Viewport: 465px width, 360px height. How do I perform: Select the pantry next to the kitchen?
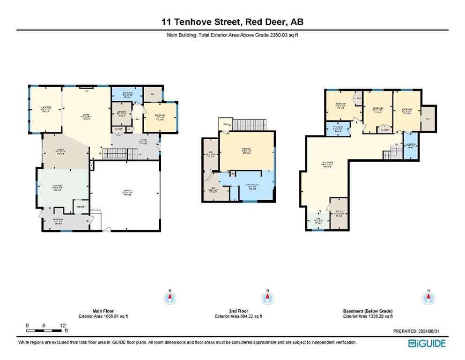pyautogui.click(x=81, y=207)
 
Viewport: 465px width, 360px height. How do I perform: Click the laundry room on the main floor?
pyautogui.click(x=121, y=113)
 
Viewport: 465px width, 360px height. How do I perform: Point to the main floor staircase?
pyautogui.click(x=115, y=153)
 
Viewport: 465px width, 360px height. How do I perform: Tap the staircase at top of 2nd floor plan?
pyautogui.click(x=249, y=125)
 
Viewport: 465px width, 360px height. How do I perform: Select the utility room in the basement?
pyautogui.click(x=339, y=215)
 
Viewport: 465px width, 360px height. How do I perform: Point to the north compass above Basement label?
pyautogui.click(x=427, y=298)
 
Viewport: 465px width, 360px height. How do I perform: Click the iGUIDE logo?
pyautogui.click(x=427, y=344)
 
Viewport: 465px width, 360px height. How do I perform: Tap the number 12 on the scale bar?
pyautogui.click(x=63, y=325)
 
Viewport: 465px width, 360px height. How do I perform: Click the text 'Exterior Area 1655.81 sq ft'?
pyautogui.click(x=103, y=316)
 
